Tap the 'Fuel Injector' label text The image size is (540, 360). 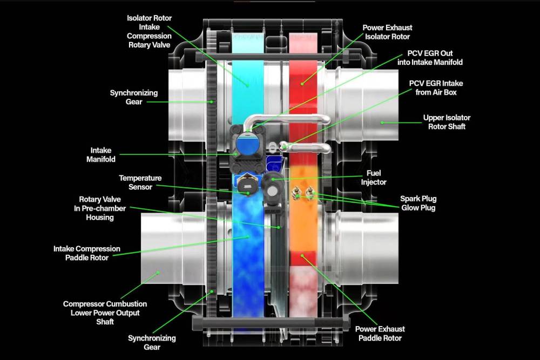tap(374, 178)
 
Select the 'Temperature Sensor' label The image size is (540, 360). tap(140, 182)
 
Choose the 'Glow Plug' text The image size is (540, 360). tap(417, 208)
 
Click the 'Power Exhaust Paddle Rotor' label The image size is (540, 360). tap(380, 333)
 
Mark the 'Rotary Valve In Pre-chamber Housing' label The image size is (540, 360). tap(99, 208)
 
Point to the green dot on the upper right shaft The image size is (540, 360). tap(382, 122)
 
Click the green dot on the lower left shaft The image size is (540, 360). tap(158, 273)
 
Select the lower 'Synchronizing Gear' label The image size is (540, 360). tap(152, 342)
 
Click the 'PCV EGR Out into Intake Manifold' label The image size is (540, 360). tap(435, 58)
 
